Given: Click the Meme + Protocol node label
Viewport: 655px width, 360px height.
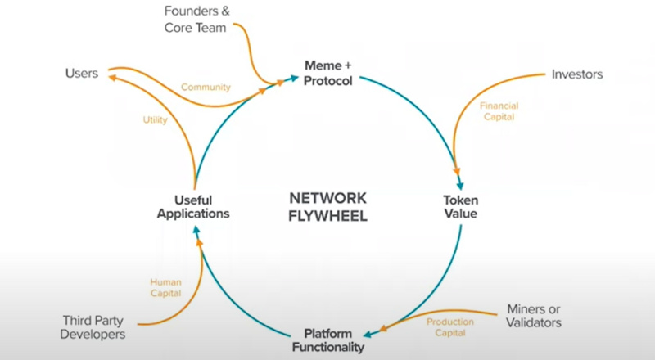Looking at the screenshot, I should pos(327,74).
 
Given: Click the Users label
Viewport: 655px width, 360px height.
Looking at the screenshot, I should pos(82,74).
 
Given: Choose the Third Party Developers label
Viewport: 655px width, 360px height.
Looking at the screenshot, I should pos(94,328).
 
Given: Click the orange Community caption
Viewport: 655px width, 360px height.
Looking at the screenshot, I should pos(206,88).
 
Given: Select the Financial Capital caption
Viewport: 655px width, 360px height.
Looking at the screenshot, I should pos(499,112).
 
